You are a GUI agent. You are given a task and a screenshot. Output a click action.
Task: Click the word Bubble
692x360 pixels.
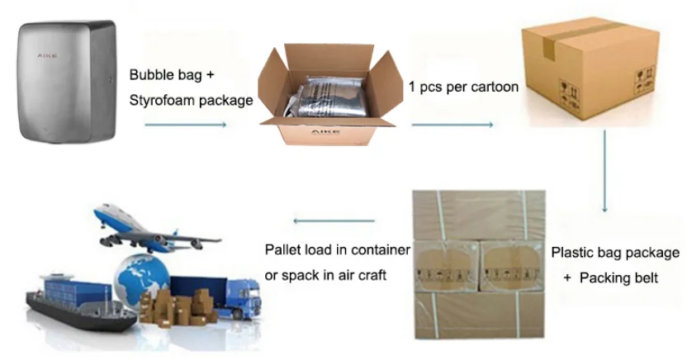click(x=149, y=74)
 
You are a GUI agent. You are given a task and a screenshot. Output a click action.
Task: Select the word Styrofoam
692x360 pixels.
click(x=161, y=100)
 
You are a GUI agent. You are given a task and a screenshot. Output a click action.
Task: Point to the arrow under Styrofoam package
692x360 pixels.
click(x=185, y=125)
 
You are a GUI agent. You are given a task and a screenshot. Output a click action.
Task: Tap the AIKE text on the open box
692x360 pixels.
click(x=318, y=131)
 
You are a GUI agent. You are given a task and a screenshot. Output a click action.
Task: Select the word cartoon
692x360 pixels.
click(x=493, y=87)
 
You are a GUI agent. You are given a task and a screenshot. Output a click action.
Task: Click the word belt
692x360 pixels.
click(x=643, y=278)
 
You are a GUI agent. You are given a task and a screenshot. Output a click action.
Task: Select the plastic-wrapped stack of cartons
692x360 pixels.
click(x=479, y=264)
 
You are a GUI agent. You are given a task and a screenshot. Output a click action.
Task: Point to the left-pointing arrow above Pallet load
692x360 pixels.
click(x=335, y=220)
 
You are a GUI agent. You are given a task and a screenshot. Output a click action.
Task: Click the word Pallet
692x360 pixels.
click(x=282, y=249)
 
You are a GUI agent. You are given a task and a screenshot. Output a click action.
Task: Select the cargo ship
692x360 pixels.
click(x=66, y=306)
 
